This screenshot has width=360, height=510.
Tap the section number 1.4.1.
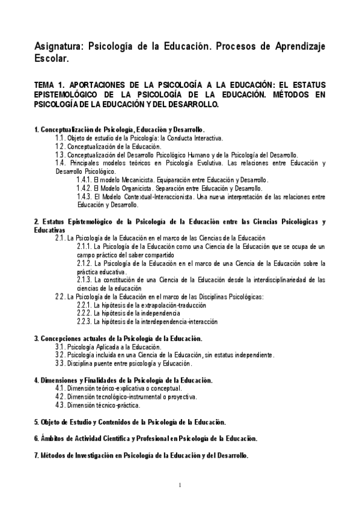tap(84, 180)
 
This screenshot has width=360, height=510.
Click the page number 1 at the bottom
tap(180, 485)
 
